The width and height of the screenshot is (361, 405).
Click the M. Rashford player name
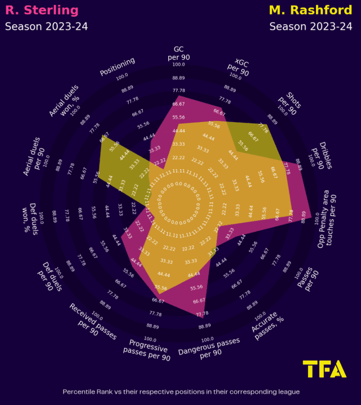pyautogui.click(x=313, y=10)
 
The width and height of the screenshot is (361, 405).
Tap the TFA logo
pyautogui.click(x=324, y=369)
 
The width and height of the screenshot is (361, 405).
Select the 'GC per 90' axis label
pyautogui.click(x=179, y=52)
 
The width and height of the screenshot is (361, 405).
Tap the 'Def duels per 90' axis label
pyautogui.click(x=54, y=274)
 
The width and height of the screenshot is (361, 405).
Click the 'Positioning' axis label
pyautogui.click(x=118, y=66)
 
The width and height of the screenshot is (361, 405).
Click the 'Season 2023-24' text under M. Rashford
pyautogui.click(x=311, y=26)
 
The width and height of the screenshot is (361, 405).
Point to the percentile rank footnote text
pyautogui.click(x=180, y=391)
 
